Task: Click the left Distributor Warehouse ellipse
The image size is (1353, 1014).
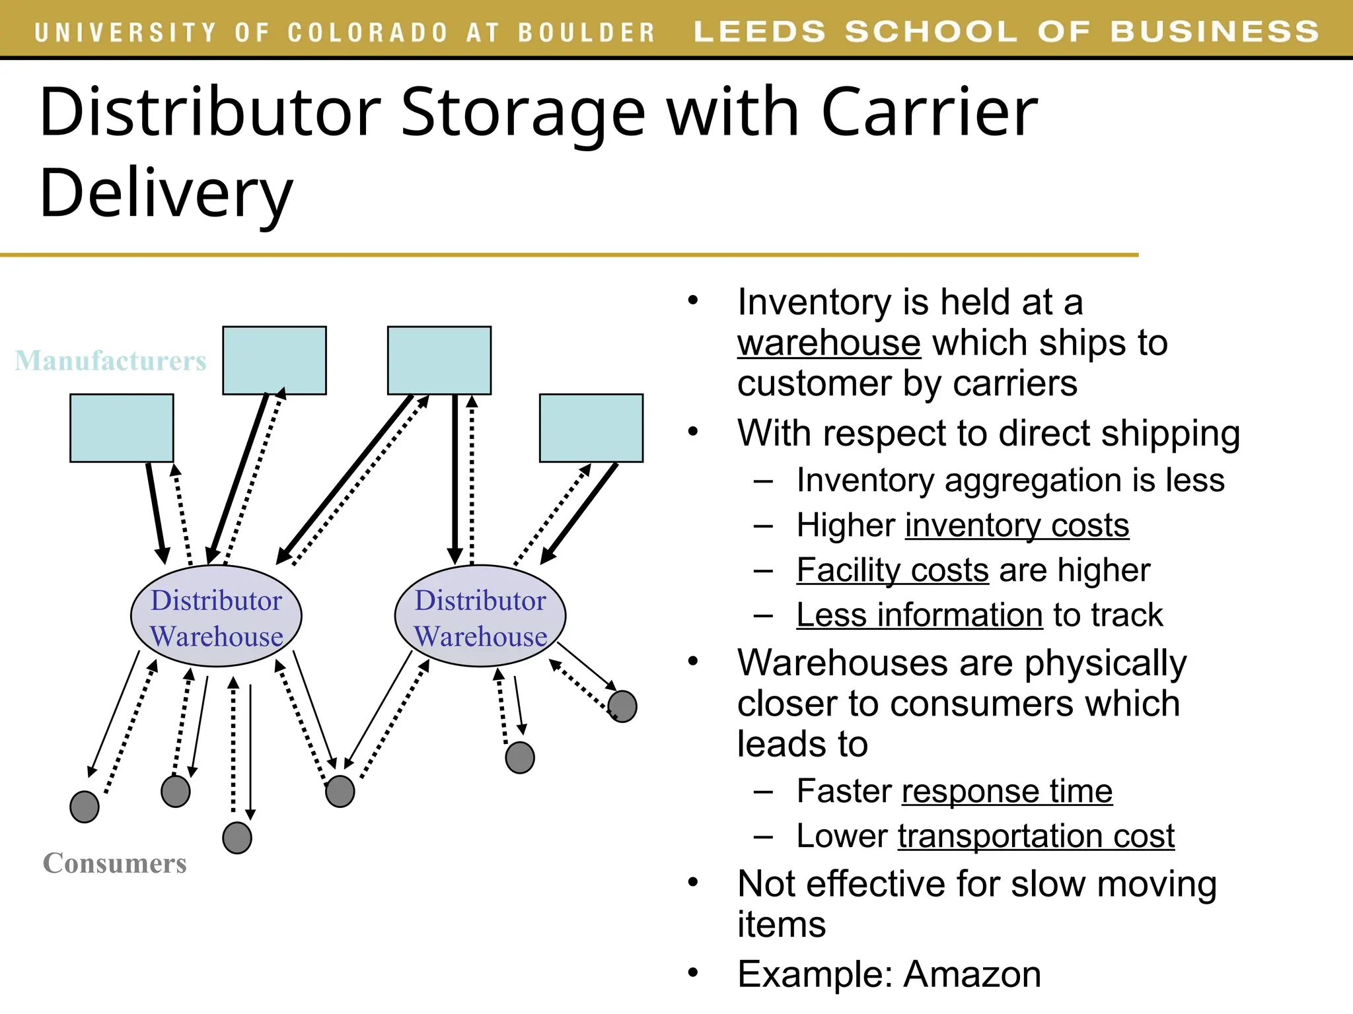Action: [x=216, y=616]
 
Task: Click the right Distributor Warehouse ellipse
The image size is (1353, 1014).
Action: [x=480, y=616]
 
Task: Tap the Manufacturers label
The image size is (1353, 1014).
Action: [x=110, y=360]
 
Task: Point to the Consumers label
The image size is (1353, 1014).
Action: [x=115, y=863]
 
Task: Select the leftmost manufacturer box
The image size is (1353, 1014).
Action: [x=122, y=428]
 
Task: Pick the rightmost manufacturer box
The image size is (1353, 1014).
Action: [x=591, y=428]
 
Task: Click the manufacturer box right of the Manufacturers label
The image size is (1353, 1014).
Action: [x=274, y=360]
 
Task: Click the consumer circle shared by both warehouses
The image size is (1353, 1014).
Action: [x=340, y=792]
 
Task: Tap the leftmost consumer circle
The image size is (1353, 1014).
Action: [x=85, y=807]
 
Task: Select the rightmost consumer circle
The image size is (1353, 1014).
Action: [x=622, y=706]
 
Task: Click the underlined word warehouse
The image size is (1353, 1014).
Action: [x=829, y=343]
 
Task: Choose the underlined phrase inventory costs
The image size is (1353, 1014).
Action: [x=1017, y=526]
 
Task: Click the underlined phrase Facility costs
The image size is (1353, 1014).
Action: [x=893, y=571]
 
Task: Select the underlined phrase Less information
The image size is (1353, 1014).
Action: [x=920, y=615]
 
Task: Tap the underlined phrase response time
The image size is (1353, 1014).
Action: [x=1007, y=792]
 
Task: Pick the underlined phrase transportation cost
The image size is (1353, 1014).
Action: [x=1036, y=836]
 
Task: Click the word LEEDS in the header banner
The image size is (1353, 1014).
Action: [x=760, y=32]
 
